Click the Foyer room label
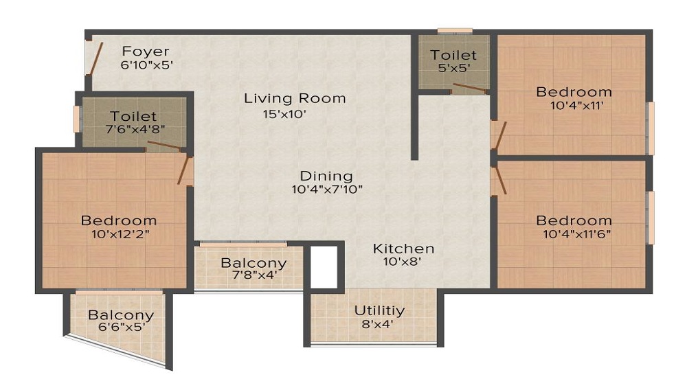[146, 51]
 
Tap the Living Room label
[295, 98]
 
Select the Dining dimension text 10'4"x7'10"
[327, 190]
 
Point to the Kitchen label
[403, 249]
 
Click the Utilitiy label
[379, 310]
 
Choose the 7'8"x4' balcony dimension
[255, 275]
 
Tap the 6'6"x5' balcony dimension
[122, 327]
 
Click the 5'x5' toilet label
[454, 68]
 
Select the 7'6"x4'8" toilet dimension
[135, 129]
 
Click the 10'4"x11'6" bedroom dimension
[577, 233]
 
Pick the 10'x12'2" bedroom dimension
[120, 233]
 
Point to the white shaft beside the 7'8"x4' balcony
[324, 267]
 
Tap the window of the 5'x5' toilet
[455, 31]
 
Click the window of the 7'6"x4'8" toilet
[76, 119]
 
